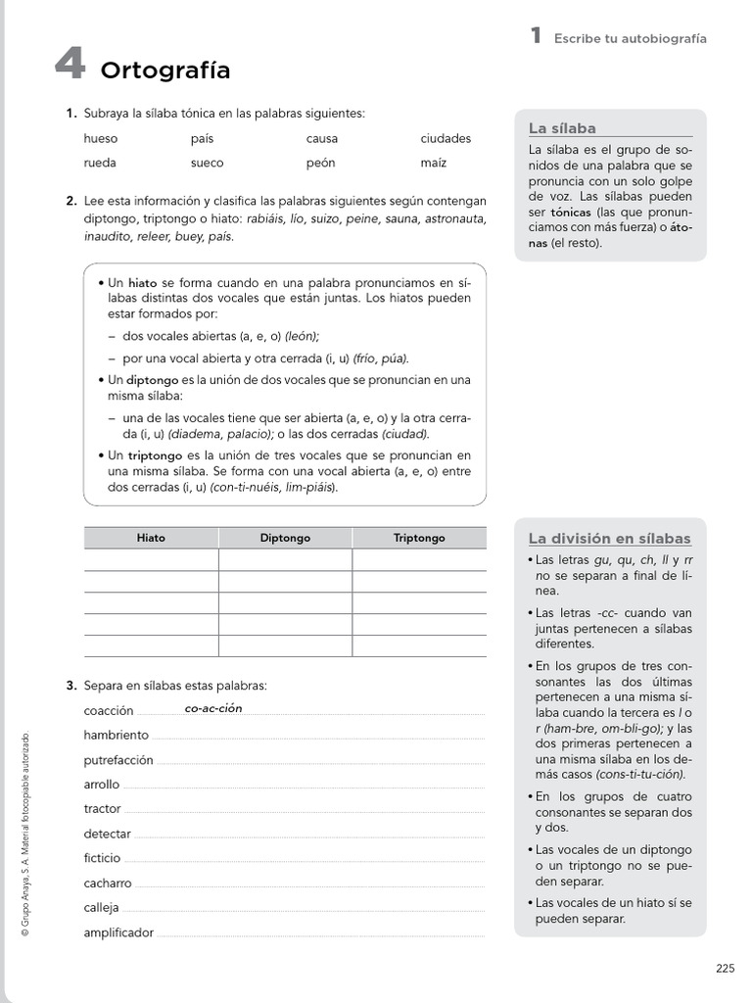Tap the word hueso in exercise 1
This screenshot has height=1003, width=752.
[101, 139]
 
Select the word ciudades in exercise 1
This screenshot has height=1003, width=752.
[446, 139]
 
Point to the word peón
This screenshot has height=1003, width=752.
[321, 163]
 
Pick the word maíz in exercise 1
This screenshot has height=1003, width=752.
[434, 163]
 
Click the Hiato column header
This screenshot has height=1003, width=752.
[151, 538]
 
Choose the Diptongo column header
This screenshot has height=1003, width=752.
[285, 538]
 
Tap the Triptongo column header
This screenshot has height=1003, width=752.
[419, 538]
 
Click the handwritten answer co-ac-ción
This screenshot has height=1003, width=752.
[212, 708]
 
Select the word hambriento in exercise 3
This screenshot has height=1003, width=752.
[117, 736]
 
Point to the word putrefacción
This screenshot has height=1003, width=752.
[118, 760]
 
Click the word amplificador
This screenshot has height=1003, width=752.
[118, 933]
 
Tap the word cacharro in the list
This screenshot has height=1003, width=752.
[108, 884]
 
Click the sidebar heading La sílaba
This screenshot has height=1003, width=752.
[562, 128]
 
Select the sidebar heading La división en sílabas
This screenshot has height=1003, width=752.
[609, 539]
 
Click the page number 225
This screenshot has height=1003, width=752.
[725, 970]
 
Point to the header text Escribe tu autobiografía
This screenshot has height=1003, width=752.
[630, 39]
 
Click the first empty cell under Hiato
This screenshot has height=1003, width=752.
[151, 559]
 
